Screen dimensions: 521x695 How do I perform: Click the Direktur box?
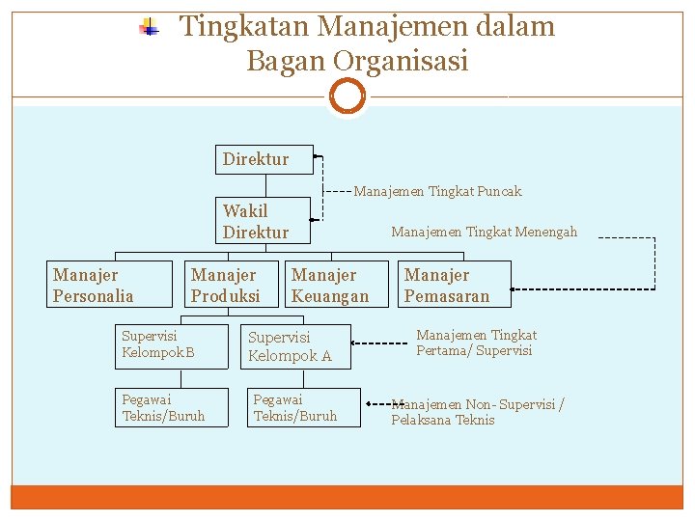coord(264,159)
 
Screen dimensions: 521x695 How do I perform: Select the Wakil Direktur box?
coord(263,221)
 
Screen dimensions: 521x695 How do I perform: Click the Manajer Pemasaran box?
coord(454,286)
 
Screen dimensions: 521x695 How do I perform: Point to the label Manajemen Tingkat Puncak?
coord(437,191)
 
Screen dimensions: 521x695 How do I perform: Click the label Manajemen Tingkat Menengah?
coord(484,232)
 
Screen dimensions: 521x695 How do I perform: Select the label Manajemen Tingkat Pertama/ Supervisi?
coord(476,343)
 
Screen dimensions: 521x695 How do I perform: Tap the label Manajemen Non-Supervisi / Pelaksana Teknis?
coord(478,412)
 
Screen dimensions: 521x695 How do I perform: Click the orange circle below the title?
coord(347,96)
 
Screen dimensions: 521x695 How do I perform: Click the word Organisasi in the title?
coord(401,61)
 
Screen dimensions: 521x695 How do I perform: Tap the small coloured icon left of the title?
coord(149,27)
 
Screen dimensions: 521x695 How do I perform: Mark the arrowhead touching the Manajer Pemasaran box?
coord(513,288)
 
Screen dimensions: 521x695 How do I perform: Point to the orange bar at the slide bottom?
coord(347,497)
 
